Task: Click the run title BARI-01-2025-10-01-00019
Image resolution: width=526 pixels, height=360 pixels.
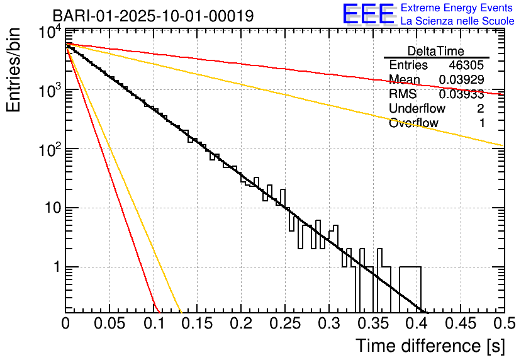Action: tap(153, 16)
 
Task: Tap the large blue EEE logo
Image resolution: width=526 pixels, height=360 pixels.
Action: tap(368, 15)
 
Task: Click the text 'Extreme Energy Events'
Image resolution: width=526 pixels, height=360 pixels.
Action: tap(457, 8)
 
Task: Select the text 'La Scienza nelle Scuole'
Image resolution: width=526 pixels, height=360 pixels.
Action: tap(457, 21)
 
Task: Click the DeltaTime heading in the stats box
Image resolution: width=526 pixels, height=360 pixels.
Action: tap(435, 51)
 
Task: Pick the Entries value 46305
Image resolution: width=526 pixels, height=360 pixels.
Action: tap(466, 65)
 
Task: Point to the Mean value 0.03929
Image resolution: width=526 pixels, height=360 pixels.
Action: tap(461, 80)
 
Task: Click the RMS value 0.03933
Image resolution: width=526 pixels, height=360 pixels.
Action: tap(461, 94)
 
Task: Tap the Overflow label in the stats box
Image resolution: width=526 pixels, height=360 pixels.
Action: tap(413, 123)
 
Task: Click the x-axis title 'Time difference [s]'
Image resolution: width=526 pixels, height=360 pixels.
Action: tap(430, 346)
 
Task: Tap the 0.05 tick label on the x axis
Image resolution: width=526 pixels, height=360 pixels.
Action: tap(109, 323)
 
